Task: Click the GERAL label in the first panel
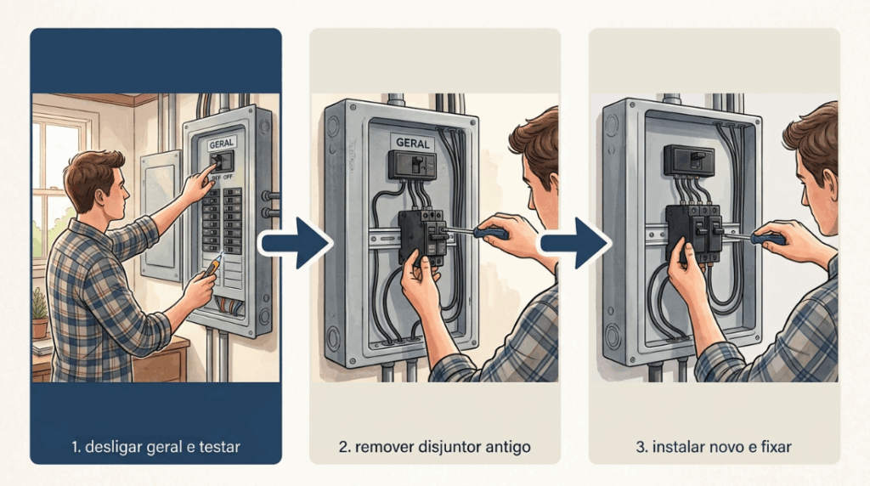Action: pyautogui.click(x=222, y=144)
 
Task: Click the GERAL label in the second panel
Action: pyautogui.click(x=413, y=143)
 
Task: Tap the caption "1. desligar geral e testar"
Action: pyautogui.click(x=156, y=447)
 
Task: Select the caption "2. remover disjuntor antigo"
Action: pyautogui.click(x=434, y=447)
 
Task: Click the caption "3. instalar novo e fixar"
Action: pyautogui.click(x=714, y=447)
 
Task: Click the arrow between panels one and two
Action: pyautogui.click(x=296, y=243)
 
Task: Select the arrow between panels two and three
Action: pyautogui.click(x=575, y=243)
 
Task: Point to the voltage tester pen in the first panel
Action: pyautogui.click(x=212, y=265)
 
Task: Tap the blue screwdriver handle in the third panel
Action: pyautogui.click(x=768, y=239)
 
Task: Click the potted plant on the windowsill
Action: pyautogui.click(x=39, y=314)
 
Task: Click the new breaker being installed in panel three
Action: pyautogui.click(x=694, y=231)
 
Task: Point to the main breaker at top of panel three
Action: pyautogui.click(x=688, y=160)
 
